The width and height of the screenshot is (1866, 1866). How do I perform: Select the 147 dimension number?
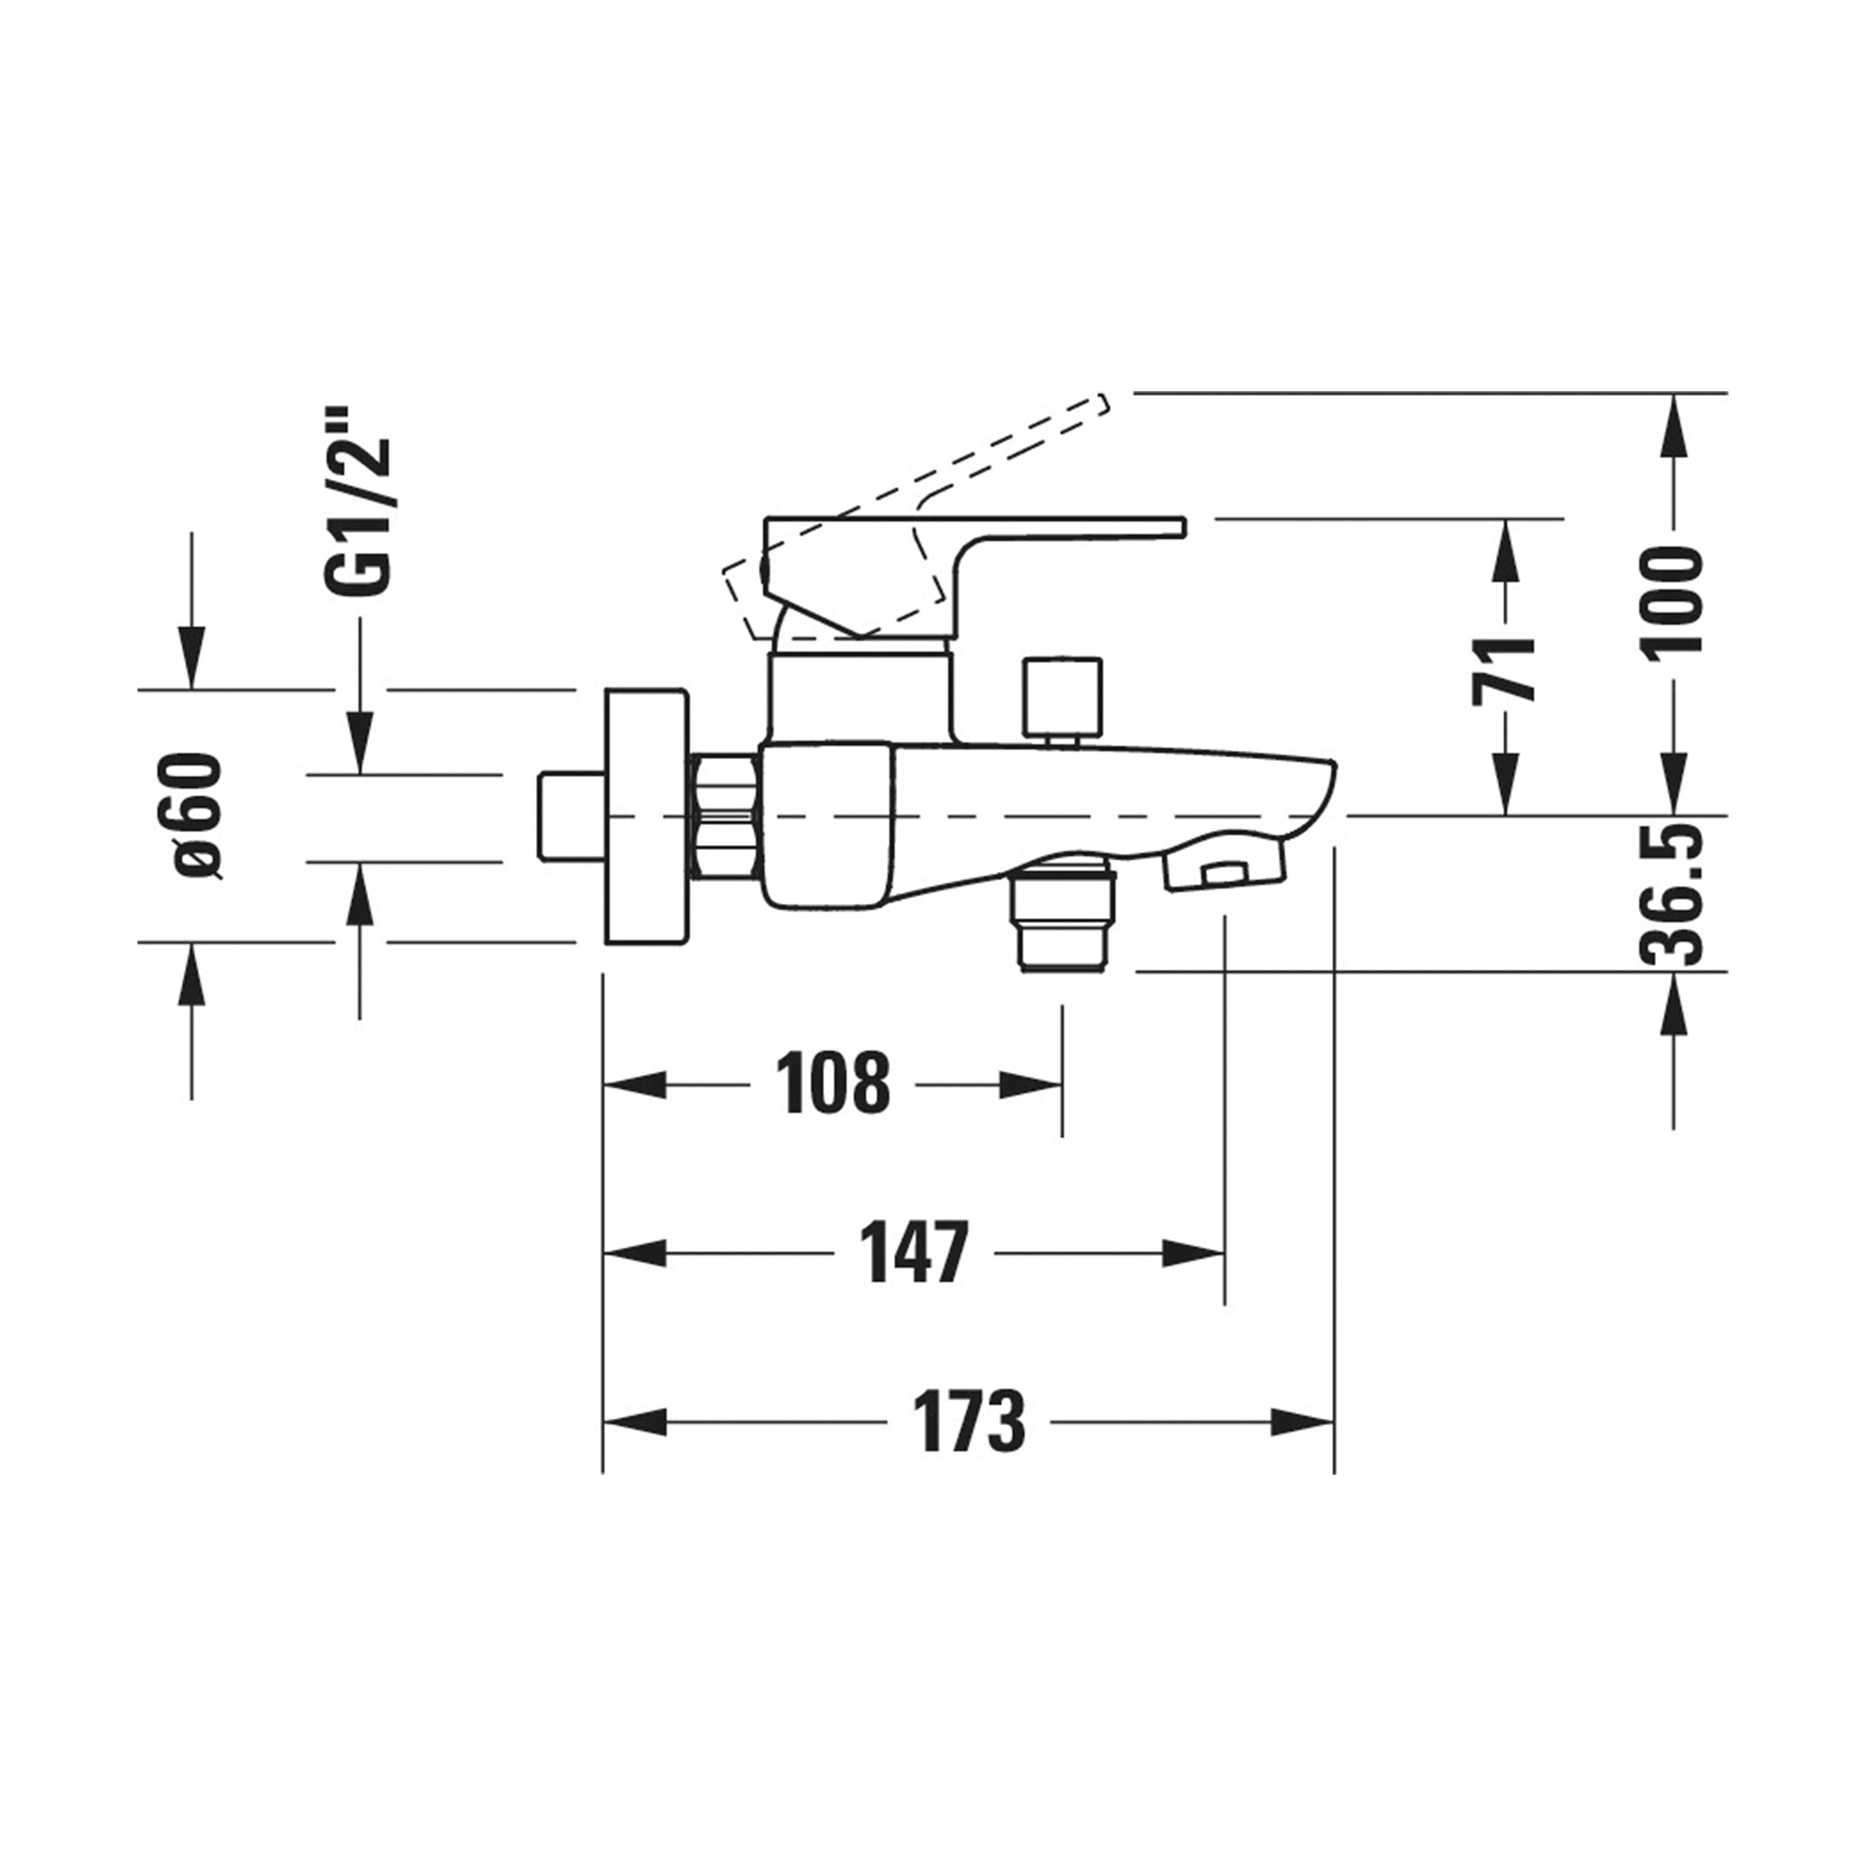(x=914, y=1252)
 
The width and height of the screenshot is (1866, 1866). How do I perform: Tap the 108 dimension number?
(x=834, y=1084)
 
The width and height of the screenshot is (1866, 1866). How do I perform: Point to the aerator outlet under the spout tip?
(x=1225, y=870)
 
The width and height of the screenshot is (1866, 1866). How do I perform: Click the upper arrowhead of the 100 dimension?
(x=1673, y=425)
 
